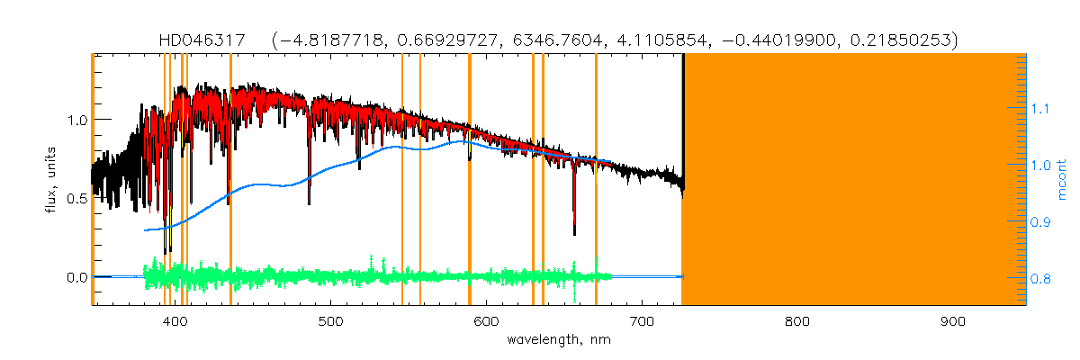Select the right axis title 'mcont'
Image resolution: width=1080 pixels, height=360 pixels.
point(1063,178)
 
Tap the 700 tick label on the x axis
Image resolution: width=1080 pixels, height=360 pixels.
point(642,319)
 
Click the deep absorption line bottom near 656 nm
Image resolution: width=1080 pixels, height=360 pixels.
point(574,233)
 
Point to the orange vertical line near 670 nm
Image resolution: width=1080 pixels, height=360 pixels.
point(596,180)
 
